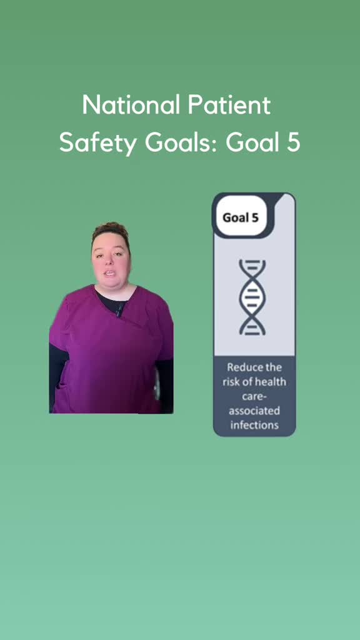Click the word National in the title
coord(131,105)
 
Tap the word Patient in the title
coord(229,105)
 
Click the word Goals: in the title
coord(181,142)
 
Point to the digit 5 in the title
coord(293,142)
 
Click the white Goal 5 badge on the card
coord(241,217)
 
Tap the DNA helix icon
coord(252,297)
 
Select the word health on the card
coord(271,382)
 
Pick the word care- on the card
coord(254,396)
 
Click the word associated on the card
coord(254,411)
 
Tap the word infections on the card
coord(254,425)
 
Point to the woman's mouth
coord(110,274)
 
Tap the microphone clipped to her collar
coord(119,309)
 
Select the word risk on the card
coord(231,382)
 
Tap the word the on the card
coord(272,367)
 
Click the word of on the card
coord(247,382)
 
